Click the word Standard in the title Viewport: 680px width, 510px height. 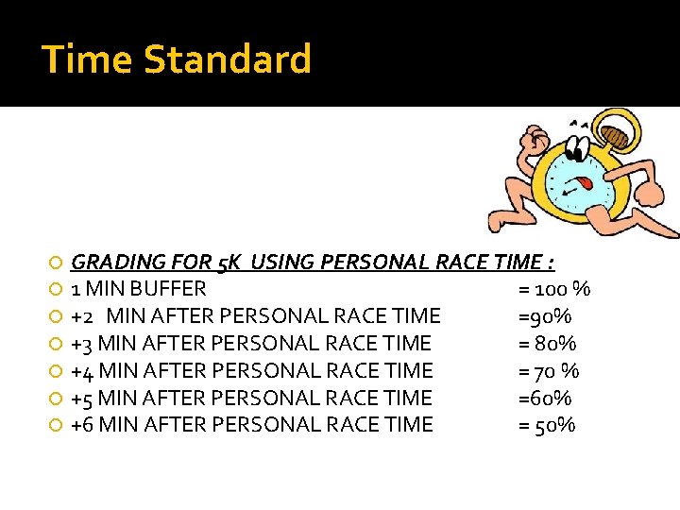227,59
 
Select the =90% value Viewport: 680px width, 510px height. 545,315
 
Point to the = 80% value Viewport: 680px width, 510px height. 548,343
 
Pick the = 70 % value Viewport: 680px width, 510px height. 549,370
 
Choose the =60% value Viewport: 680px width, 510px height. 545,398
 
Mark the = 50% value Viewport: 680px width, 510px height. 547,425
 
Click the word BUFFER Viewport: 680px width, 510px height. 171,288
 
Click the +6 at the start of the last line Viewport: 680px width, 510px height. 83,425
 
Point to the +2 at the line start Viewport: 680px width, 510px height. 83,315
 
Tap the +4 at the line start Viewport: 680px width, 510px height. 83,370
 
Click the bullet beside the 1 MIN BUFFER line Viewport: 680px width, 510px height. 58,289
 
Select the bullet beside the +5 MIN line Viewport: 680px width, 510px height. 58,399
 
